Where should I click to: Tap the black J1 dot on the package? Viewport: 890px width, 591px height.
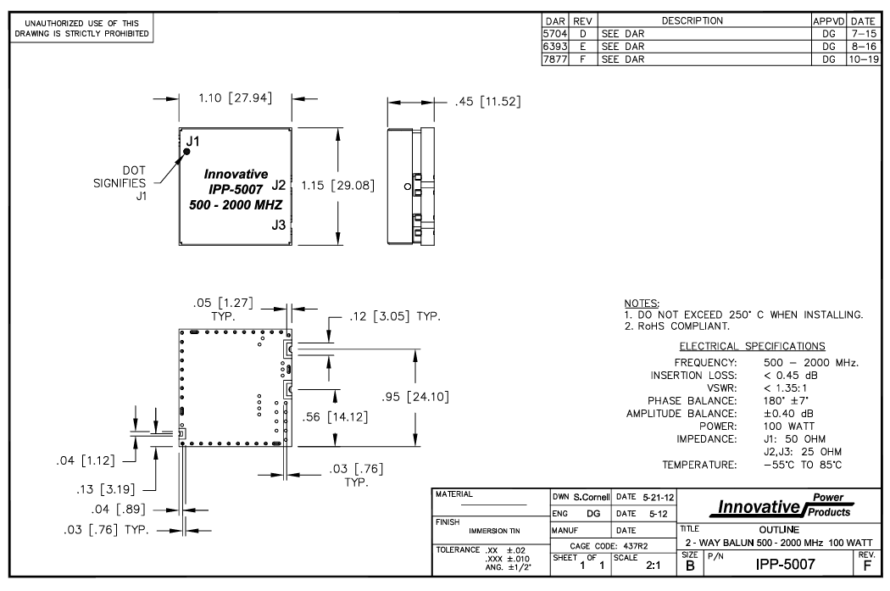(187, 152)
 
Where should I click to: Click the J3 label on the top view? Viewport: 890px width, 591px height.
(279, 225)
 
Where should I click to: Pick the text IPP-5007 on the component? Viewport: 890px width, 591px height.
(233, 189)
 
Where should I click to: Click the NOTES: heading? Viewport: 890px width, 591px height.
(642, 303)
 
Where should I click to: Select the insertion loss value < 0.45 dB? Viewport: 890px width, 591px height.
(792, 374)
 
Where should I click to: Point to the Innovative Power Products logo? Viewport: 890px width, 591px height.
(780, 507)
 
